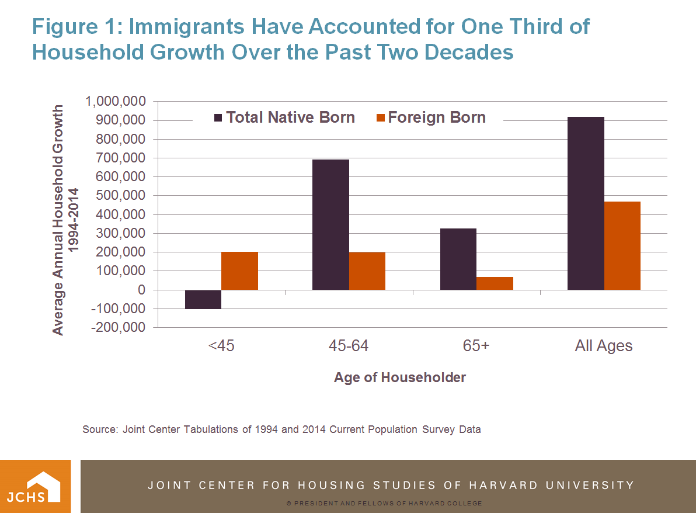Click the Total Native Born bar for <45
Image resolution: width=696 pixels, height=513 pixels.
pos(203,299)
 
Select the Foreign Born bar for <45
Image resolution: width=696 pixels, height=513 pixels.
pos(239,271)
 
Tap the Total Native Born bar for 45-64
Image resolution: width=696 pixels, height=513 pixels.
pos(330,224)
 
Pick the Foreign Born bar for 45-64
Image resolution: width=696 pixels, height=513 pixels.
pos(367,271)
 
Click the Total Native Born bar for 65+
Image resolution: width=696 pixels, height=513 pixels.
pos(458,259)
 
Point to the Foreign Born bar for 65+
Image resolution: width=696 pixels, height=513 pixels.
pos(495,283)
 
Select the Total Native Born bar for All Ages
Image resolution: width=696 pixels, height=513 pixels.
pos(586,203)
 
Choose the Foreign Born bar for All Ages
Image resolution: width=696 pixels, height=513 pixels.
pos(622,245)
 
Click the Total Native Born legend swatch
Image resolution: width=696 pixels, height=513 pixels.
pos(219,117)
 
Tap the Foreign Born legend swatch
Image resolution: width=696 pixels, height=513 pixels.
pos(381,117)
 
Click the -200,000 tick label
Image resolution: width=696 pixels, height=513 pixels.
pos(118,328)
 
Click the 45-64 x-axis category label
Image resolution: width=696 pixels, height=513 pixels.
pos(349,345)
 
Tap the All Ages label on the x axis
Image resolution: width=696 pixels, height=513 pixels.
pos(604,345)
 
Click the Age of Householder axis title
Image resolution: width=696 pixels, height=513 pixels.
pos(400,377)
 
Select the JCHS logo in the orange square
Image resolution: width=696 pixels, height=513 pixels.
pos(35,486)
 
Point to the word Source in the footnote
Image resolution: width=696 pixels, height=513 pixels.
pos(99,429)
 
